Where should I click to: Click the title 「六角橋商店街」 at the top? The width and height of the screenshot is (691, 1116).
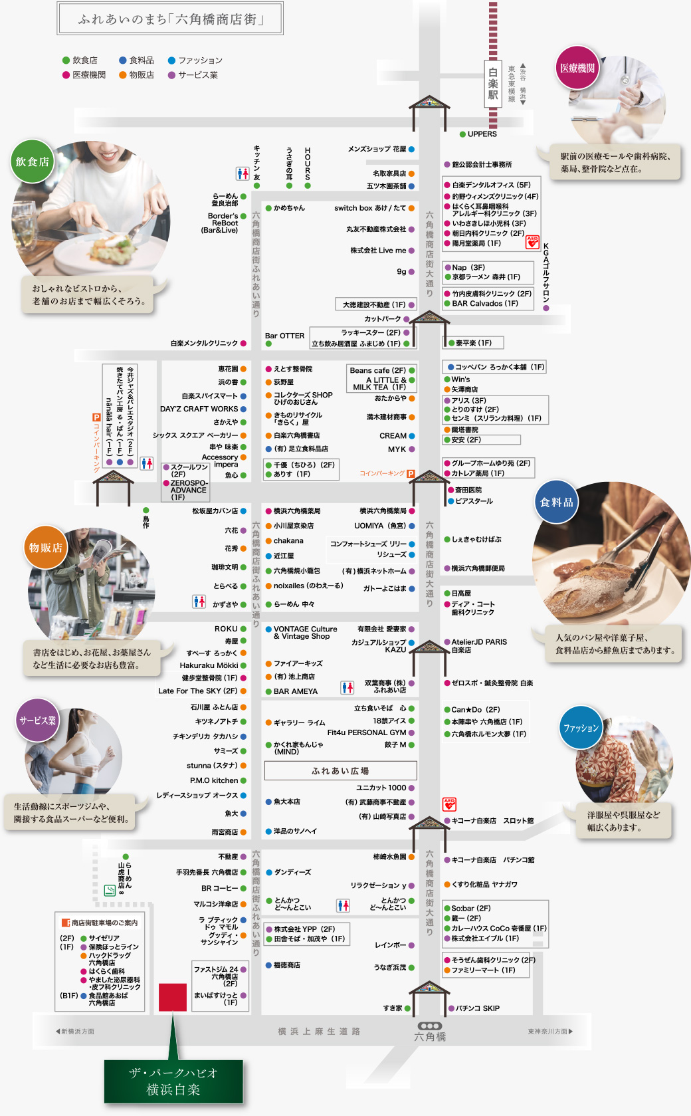pyautogui.click(x=170, y=19)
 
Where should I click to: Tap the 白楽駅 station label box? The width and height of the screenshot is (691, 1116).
pyautogui.click(x=492, y=83)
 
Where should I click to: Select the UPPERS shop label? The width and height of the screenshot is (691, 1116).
pyautogui.click(x=482, y=134)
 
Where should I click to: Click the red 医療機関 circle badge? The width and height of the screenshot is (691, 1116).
pyautogui.click(x=577, y=68)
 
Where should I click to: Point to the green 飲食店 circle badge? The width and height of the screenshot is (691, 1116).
pyautogui.click(x=32, y=162)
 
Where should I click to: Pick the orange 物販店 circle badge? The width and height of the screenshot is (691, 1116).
pyautogui.click(x=45, y=548)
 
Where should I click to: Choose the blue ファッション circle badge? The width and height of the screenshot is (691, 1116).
pyautogui.click(x=581, y=728)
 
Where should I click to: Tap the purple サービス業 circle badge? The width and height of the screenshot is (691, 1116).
pyautogui.click(x=37, y=720)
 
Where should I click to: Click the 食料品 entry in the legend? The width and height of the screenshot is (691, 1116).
pyautogui.click(x=141, y=60)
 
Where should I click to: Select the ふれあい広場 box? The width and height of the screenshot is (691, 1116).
pyautogui.click(x=340, y=771)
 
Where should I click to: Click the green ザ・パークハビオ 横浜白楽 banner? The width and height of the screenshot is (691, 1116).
pyautogui.click(x=173, y=1081)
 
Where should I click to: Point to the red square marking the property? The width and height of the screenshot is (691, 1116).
pyautogui.click(x=173, y=997)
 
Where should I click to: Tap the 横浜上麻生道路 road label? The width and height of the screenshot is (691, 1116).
pyautogui.click(x=319, y=1032)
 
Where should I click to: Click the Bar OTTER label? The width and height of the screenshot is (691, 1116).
pyautogui.click(x=284, y=336)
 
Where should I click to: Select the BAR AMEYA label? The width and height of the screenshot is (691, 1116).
pyautogui.click(x=296, y=691)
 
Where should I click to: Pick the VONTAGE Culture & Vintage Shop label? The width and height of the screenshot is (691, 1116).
pyautogui.click(x=305, y=632)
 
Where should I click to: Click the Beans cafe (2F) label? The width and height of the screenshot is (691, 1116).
pyautogui.click(x=377, y=370)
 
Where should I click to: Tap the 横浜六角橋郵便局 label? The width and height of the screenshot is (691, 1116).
pyautogui.click(x=478, y=568)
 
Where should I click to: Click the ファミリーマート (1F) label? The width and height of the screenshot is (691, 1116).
pyautogui.click(x=483, y=970)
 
